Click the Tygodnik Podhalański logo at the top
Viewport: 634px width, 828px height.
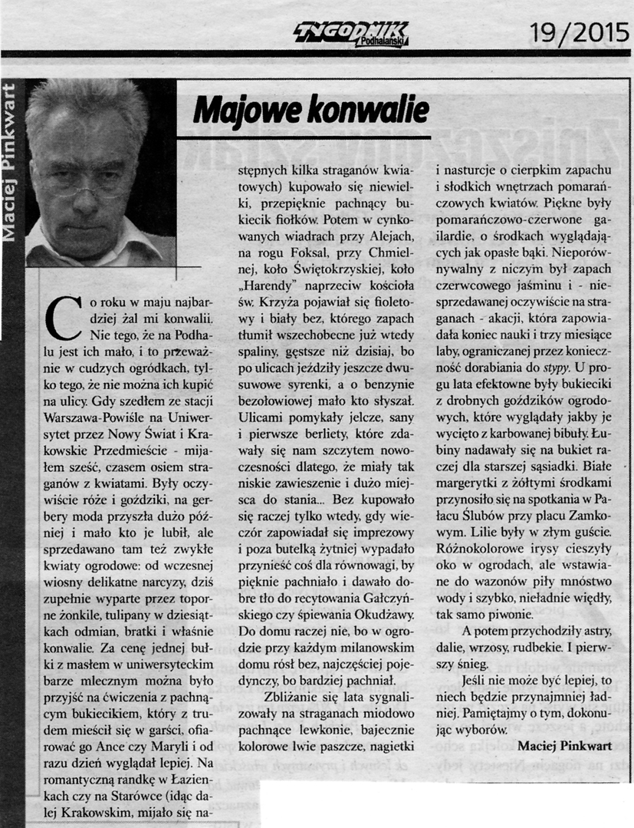click(352, 33)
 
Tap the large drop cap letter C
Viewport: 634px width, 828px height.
click(64, 315)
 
